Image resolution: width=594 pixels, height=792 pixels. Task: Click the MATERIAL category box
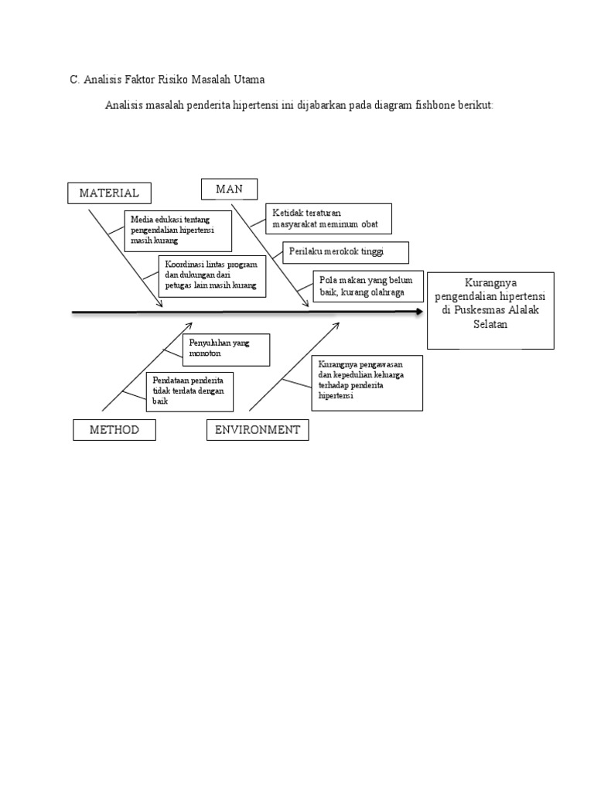[109, 193]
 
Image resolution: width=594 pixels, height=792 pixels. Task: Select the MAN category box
[229, 189]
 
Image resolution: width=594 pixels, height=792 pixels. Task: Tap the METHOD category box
[114, 430]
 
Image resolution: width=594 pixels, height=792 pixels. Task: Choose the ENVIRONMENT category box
[257, 430]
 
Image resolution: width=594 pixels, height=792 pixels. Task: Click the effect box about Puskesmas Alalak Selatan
[490, 310]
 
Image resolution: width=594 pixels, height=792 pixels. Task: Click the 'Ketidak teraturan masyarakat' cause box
[329, 218]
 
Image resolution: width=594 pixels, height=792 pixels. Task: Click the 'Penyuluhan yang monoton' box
[226, 350]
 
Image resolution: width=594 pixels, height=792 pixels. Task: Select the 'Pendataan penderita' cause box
[189, 391]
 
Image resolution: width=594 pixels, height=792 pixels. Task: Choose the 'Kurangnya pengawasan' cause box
[367, 383]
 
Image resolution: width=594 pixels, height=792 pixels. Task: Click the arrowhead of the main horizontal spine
[418, 312]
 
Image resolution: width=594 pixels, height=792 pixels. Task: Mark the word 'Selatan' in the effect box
[490, 324]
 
